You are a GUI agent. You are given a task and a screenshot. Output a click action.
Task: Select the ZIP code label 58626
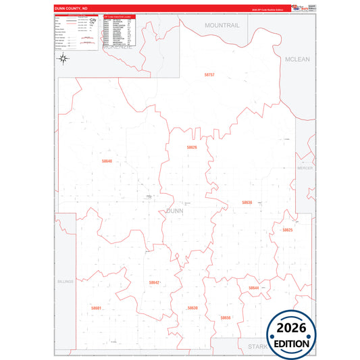pos(192,147)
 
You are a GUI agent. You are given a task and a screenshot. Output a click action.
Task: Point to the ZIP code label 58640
pos(107,161)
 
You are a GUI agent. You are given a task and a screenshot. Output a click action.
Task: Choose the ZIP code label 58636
pos(247,202)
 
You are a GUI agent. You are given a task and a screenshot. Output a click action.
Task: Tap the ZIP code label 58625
pos(288,230)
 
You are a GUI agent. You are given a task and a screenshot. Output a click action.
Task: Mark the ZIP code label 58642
pos(154,282)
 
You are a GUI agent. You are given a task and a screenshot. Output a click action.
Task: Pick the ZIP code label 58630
pos(192,307)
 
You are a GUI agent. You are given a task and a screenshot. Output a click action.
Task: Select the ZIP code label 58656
pos(226,317)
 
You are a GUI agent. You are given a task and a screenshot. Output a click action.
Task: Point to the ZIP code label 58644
pos(253,288)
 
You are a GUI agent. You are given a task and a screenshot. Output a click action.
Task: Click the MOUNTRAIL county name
pos(222,25)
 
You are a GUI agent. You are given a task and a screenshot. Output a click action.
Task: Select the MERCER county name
pos(305,168)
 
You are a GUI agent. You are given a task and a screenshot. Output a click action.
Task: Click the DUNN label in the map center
pos(174,211)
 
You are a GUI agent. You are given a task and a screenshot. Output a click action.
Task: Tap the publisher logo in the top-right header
pos(302,7)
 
